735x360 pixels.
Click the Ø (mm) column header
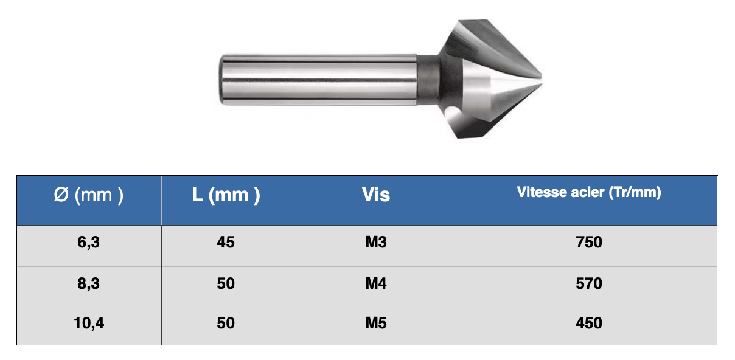click(x=89, y=195)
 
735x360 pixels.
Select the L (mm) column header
click(x=226, y=195)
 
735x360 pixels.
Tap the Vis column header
click(x=375, y=195)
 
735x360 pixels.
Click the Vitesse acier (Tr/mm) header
click(x=589, y=192)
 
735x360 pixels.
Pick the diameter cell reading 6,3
click(x=89, y=242)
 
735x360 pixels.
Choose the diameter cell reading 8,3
click(x=89, y=283)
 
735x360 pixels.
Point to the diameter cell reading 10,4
click(x=89, y=323)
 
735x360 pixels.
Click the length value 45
click(x=226, y=242)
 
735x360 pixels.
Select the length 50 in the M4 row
click(x=226, y=283)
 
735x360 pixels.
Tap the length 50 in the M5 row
click(x=226, y=323)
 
